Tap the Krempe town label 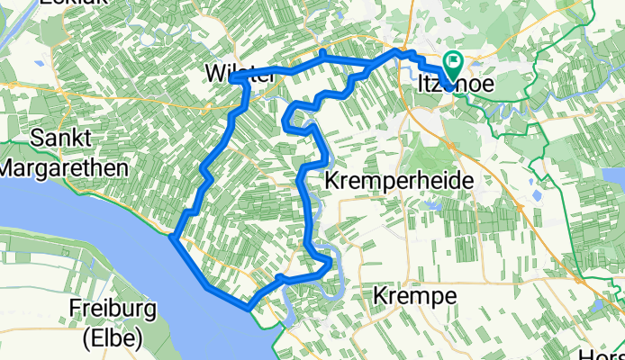(x=415, y=296)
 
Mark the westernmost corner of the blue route (x=171, y=238)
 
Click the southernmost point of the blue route (x=249, y=309)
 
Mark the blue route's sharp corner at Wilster (x=233, y=79)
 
